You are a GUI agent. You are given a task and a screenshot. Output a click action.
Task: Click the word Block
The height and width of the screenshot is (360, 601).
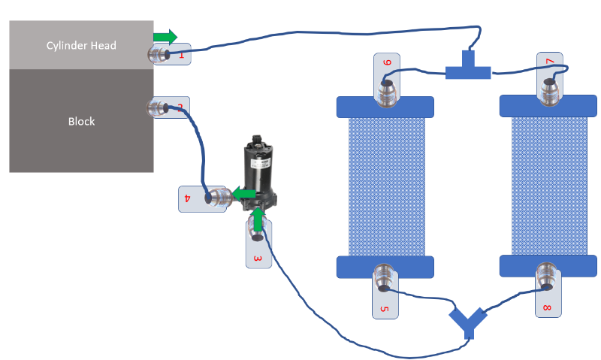coord(81,121)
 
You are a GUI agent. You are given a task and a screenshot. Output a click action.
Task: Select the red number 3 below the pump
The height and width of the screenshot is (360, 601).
coord(258,259)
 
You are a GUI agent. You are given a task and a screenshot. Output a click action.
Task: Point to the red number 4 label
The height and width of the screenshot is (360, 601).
coord(186,199)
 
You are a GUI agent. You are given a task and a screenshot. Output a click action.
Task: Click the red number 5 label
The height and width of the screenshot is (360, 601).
coord(383,309)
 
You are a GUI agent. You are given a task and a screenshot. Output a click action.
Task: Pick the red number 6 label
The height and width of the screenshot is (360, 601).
coord(388,63)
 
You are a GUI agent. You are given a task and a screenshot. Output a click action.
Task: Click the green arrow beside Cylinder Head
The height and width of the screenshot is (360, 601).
coord(165,36)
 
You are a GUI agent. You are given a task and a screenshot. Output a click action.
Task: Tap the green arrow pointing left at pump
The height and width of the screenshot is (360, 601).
coord(243,195)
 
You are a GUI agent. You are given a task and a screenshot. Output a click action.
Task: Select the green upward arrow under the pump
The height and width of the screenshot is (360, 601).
coord(258,219)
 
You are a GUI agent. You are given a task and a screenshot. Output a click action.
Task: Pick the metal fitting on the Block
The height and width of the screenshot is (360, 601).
coord(159,108)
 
